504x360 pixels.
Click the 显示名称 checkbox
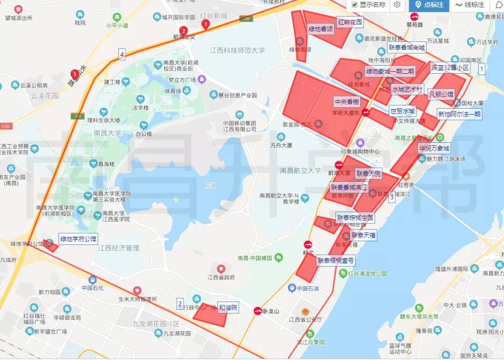355,5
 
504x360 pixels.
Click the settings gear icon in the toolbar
397,5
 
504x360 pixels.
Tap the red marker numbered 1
205,24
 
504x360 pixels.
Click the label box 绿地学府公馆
78,239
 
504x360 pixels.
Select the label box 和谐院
228,308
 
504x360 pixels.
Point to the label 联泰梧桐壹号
336,261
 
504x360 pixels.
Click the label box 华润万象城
434,149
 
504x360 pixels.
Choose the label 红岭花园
350,22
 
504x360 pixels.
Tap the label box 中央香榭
347,102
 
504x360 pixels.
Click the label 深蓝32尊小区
450,68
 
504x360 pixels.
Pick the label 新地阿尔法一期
459,114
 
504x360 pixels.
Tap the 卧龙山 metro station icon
257,311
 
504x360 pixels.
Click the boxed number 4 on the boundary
122,55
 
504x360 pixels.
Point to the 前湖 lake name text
210,186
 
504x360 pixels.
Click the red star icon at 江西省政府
221,269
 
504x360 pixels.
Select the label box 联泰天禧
363,235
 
